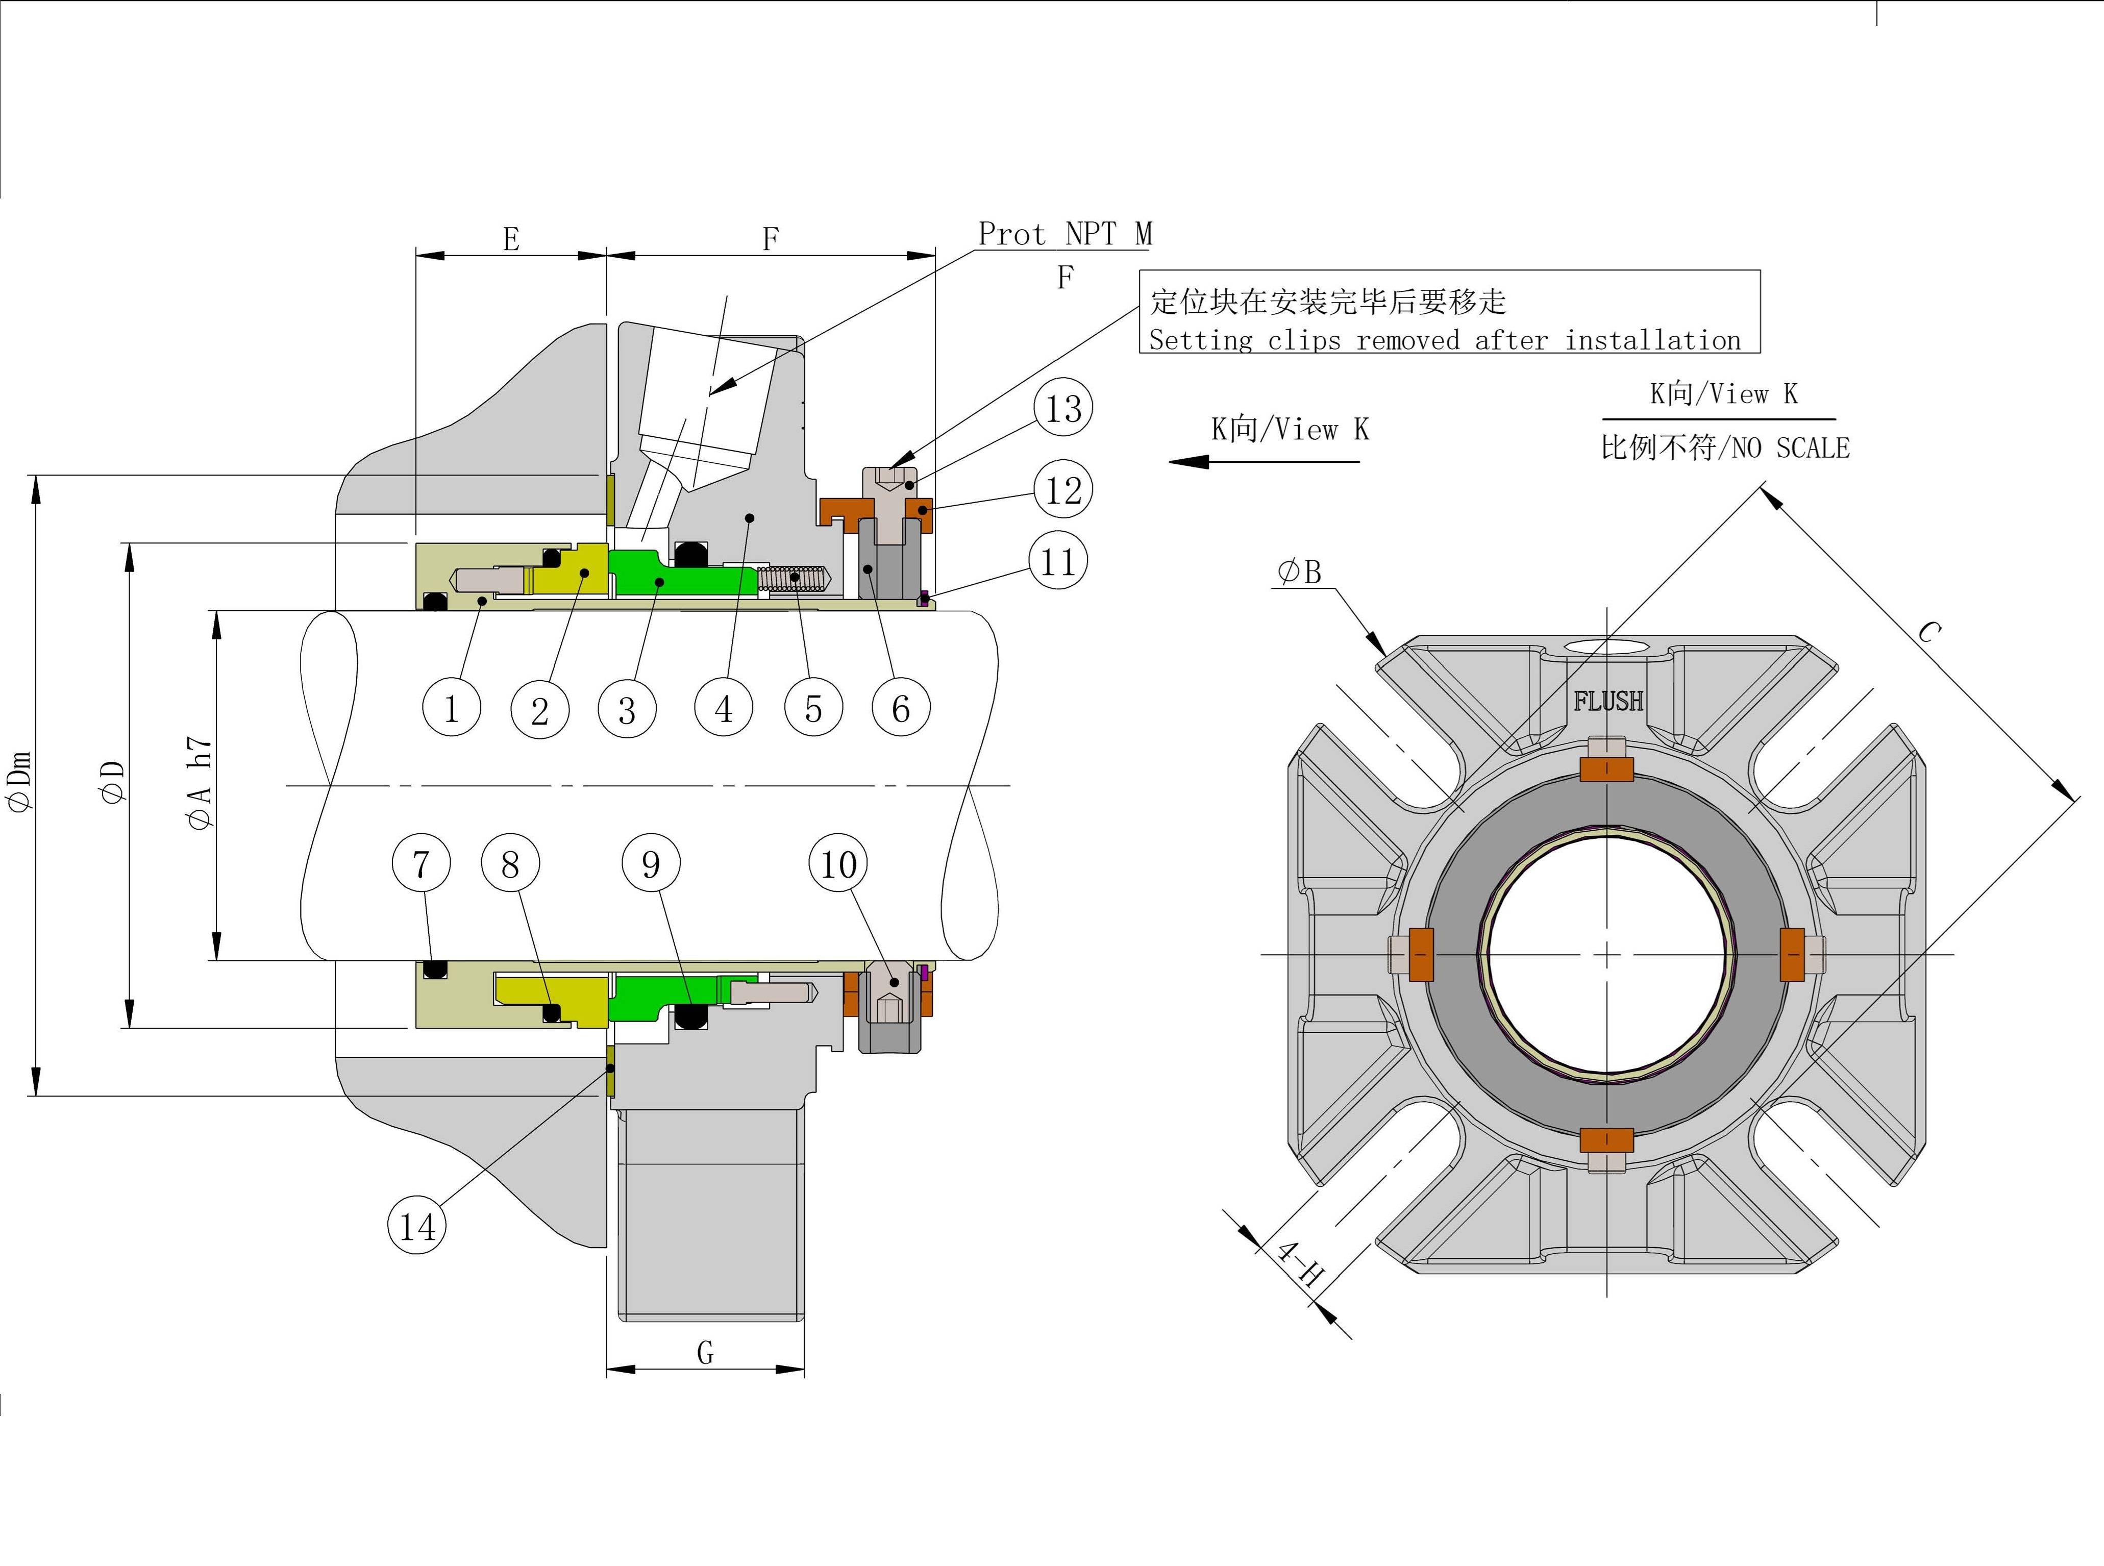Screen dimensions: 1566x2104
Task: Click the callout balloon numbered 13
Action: coord(1062,409)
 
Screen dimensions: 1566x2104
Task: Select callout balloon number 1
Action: coord(451,708)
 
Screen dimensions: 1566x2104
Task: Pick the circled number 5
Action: coord(813,708)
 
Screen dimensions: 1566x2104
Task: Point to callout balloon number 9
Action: coord(650,863)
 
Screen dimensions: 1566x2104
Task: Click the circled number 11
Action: coord(1058,562)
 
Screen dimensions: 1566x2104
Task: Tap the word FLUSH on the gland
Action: coord(1608,702)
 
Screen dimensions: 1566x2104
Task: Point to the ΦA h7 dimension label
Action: coord(200,783)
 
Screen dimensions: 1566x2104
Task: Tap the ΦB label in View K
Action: coord(1299,571)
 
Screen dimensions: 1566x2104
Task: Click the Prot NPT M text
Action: coord(1065,234)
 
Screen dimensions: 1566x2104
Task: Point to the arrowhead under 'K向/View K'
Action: coord(1190,462)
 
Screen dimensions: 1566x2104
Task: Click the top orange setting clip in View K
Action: coord(1606,769)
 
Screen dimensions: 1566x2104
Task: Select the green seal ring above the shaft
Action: coord(663,574)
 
